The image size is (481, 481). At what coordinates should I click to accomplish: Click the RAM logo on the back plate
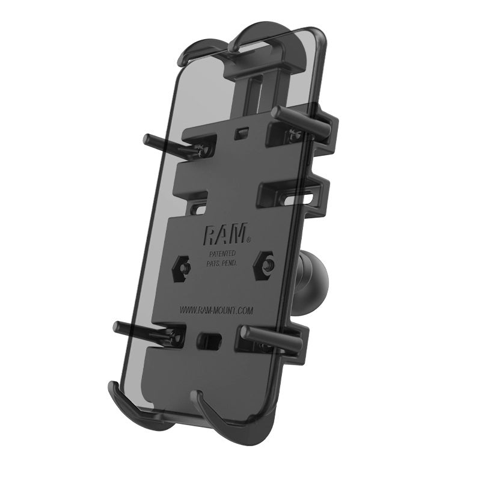point(222,233)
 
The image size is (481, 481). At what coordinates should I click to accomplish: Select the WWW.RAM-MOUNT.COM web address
point(216,310)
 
